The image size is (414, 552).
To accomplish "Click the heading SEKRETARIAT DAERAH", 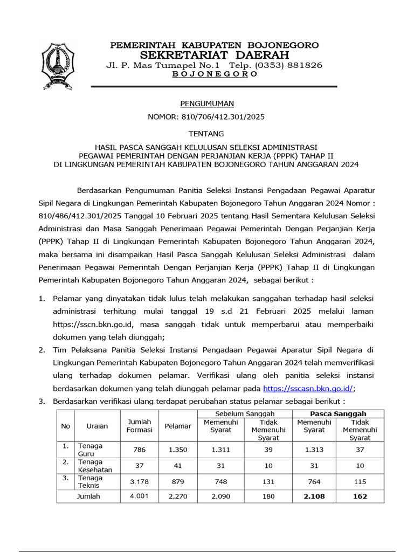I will (214, 55).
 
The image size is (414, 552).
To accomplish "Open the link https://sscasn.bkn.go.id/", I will (308, 388).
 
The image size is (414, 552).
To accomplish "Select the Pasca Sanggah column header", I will (337, 413).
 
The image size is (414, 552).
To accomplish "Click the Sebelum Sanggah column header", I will (245, 413).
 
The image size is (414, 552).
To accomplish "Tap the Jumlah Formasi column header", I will (139, 425).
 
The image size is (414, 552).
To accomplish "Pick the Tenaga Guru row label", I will (90, 450).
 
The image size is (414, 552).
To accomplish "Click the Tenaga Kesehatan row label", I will (95, 466).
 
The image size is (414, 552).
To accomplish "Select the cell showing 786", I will (139, 450).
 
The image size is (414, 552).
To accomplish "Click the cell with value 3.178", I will (139, 482).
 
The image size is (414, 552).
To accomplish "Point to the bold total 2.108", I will (314, 496).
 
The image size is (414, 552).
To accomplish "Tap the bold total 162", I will (360, 496).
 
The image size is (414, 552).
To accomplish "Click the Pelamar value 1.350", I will (177, 450).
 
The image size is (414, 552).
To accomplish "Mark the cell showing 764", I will (314, 482).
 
